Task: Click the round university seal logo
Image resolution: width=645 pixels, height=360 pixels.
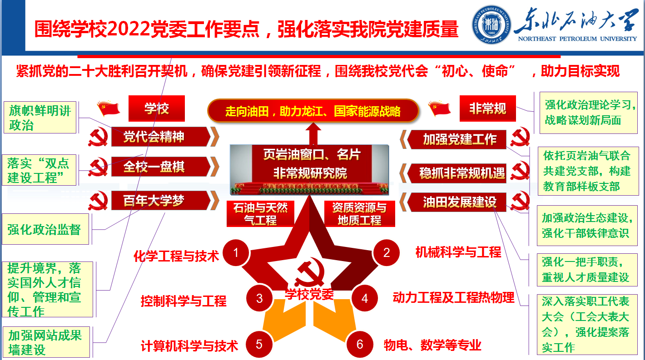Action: pyautogui.click(x=491, y=25)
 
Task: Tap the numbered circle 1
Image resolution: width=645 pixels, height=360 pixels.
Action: pyautogui.click(x=236, y=253)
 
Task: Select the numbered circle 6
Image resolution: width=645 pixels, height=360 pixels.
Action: pyautogui.click(x=360, y=344)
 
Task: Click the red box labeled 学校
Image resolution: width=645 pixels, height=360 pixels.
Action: pyautogui.click(x=157, y=108)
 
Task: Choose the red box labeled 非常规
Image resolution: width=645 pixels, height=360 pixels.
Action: pyautogui.click(x=487, y=108)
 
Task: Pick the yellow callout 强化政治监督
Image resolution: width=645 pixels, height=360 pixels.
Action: pyautogui.click(x=45, y=229)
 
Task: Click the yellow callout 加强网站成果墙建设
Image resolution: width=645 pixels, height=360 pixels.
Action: pyautogui.click(x=46, y=342)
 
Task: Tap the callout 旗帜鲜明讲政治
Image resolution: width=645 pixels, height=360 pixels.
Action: pyautogui.click(x=40, y=118)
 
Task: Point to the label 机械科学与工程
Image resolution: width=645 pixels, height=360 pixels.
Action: pyautogui.click(x=458, y=252)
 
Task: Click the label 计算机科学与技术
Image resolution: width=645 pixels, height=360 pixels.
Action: pyautogui.click(x=189, y=345)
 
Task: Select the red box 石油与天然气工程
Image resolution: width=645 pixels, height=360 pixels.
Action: pyautogui.click(x=260, y=214)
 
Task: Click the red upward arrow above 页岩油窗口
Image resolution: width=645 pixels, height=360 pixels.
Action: pyautogui.click(x=313, y=134)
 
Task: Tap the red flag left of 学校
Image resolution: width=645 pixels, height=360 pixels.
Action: pyautogui.click(x=109, y=108)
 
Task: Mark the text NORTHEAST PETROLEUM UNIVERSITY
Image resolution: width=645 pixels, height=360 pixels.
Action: pyautogui.click(x=577, y=39)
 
